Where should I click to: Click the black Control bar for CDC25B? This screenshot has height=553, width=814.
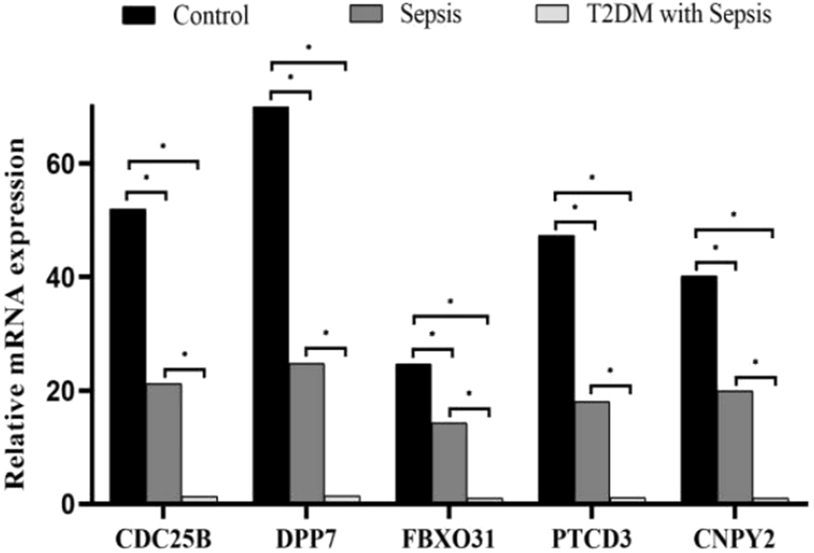point(128,356)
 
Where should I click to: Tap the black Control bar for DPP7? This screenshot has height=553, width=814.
point(271,304)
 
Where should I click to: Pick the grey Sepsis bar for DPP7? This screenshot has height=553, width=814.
point(306,433)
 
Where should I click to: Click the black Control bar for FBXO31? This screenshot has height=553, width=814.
point(414,433)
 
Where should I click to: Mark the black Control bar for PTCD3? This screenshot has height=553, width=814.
point(556,369)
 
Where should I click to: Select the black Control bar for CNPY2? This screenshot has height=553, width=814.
point(699,389)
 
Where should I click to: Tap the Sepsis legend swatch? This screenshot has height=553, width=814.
point(401,15)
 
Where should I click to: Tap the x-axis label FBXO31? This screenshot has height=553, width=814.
point(449,534)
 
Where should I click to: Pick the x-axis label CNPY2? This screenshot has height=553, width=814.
point(735,534)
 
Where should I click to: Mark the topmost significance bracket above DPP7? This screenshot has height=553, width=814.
point(308,64)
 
